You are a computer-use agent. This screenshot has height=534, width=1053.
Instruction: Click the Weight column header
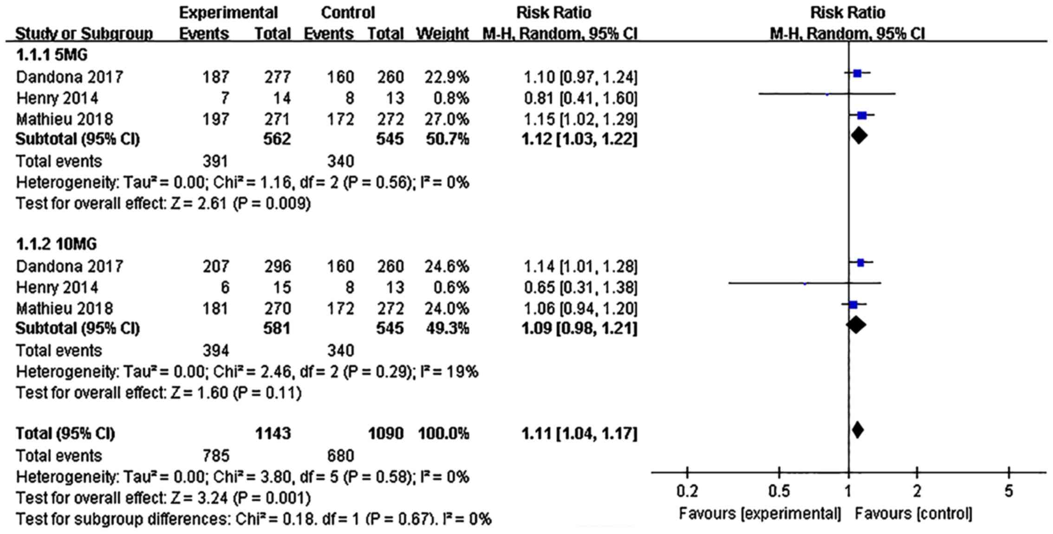[x=442, y=34]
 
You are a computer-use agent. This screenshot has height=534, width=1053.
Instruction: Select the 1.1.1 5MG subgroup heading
[x=52, y=55]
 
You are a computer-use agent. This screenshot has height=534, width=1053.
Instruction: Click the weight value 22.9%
[x=446, y=77]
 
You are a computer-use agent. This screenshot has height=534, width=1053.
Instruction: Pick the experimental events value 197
[x=215, y=119]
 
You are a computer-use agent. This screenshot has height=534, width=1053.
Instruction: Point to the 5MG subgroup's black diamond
[x=859, y=136]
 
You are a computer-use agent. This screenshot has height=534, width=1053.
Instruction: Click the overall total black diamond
[x=858, y=430]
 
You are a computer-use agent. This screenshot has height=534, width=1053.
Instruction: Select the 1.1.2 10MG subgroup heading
[x=56, y=244]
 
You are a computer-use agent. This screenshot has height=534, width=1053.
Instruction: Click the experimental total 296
[x=277, y=266]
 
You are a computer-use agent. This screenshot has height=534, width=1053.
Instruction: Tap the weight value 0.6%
[x=450, y=288]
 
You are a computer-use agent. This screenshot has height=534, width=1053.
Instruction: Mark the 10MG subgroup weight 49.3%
[x=446, y=329]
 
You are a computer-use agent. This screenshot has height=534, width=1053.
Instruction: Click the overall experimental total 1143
[x=273, y=434]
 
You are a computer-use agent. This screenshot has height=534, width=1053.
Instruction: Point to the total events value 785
[x=215, y=456]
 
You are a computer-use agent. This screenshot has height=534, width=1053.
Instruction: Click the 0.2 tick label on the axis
[x=687, y=491]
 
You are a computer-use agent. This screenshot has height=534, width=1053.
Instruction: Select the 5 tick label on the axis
[x=1008, y=491]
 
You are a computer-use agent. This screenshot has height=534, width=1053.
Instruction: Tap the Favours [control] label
[x=913, y=514]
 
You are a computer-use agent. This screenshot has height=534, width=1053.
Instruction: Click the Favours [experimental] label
[x=760, y=514]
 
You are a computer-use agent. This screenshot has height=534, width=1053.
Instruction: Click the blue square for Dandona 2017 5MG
[x=857, y=73]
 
